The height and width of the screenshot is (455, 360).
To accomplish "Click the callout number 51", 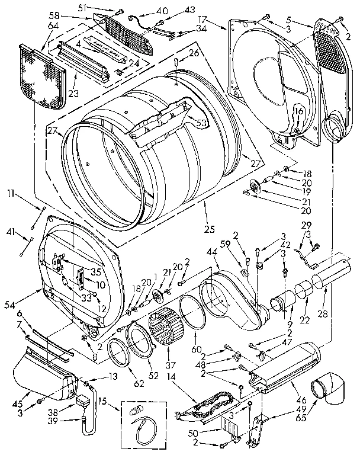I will (82, 8).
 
